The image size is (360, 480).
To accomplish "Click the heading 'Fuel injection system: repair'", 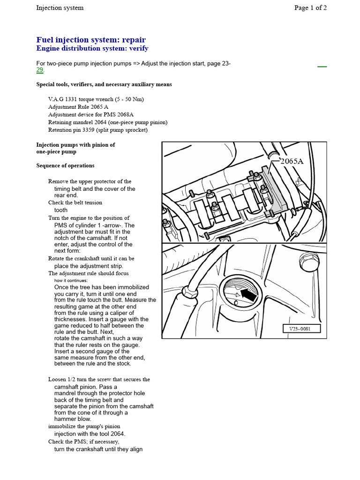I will click(x=91, y=39).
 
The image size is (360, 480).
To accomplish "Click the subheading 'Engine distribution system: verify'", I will click(x=92, y=48).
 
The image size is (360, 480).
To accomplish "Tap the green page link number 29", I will click(x=40, y=70).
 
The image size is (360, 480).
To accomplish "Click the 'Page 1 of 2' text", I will click(x=310, y=7).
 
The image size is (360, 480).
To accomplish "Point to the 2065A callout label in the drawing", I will click(x=292, y=161).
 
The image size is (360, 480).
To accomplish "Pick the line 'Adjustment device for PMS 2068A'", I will click(x=91, y=114).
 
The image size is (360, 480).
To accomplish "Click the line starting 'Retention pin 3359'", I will click(x=97, y=130).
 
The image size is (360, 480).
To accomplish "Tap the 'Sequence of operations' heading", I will click(x=65, y=165).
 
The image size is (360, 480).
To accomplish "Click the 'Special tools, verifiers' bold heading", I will click(x=104, y=84).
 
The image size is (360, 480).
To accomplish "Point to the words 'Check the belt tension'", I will click(x=75, y=202).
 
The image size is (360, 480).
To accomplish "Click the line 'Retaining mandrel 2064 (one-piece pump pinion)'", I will click(x=107, y=122).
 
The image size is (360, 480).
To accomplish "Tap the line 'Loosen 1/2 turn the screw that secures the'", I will click(x=99, y=379).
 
